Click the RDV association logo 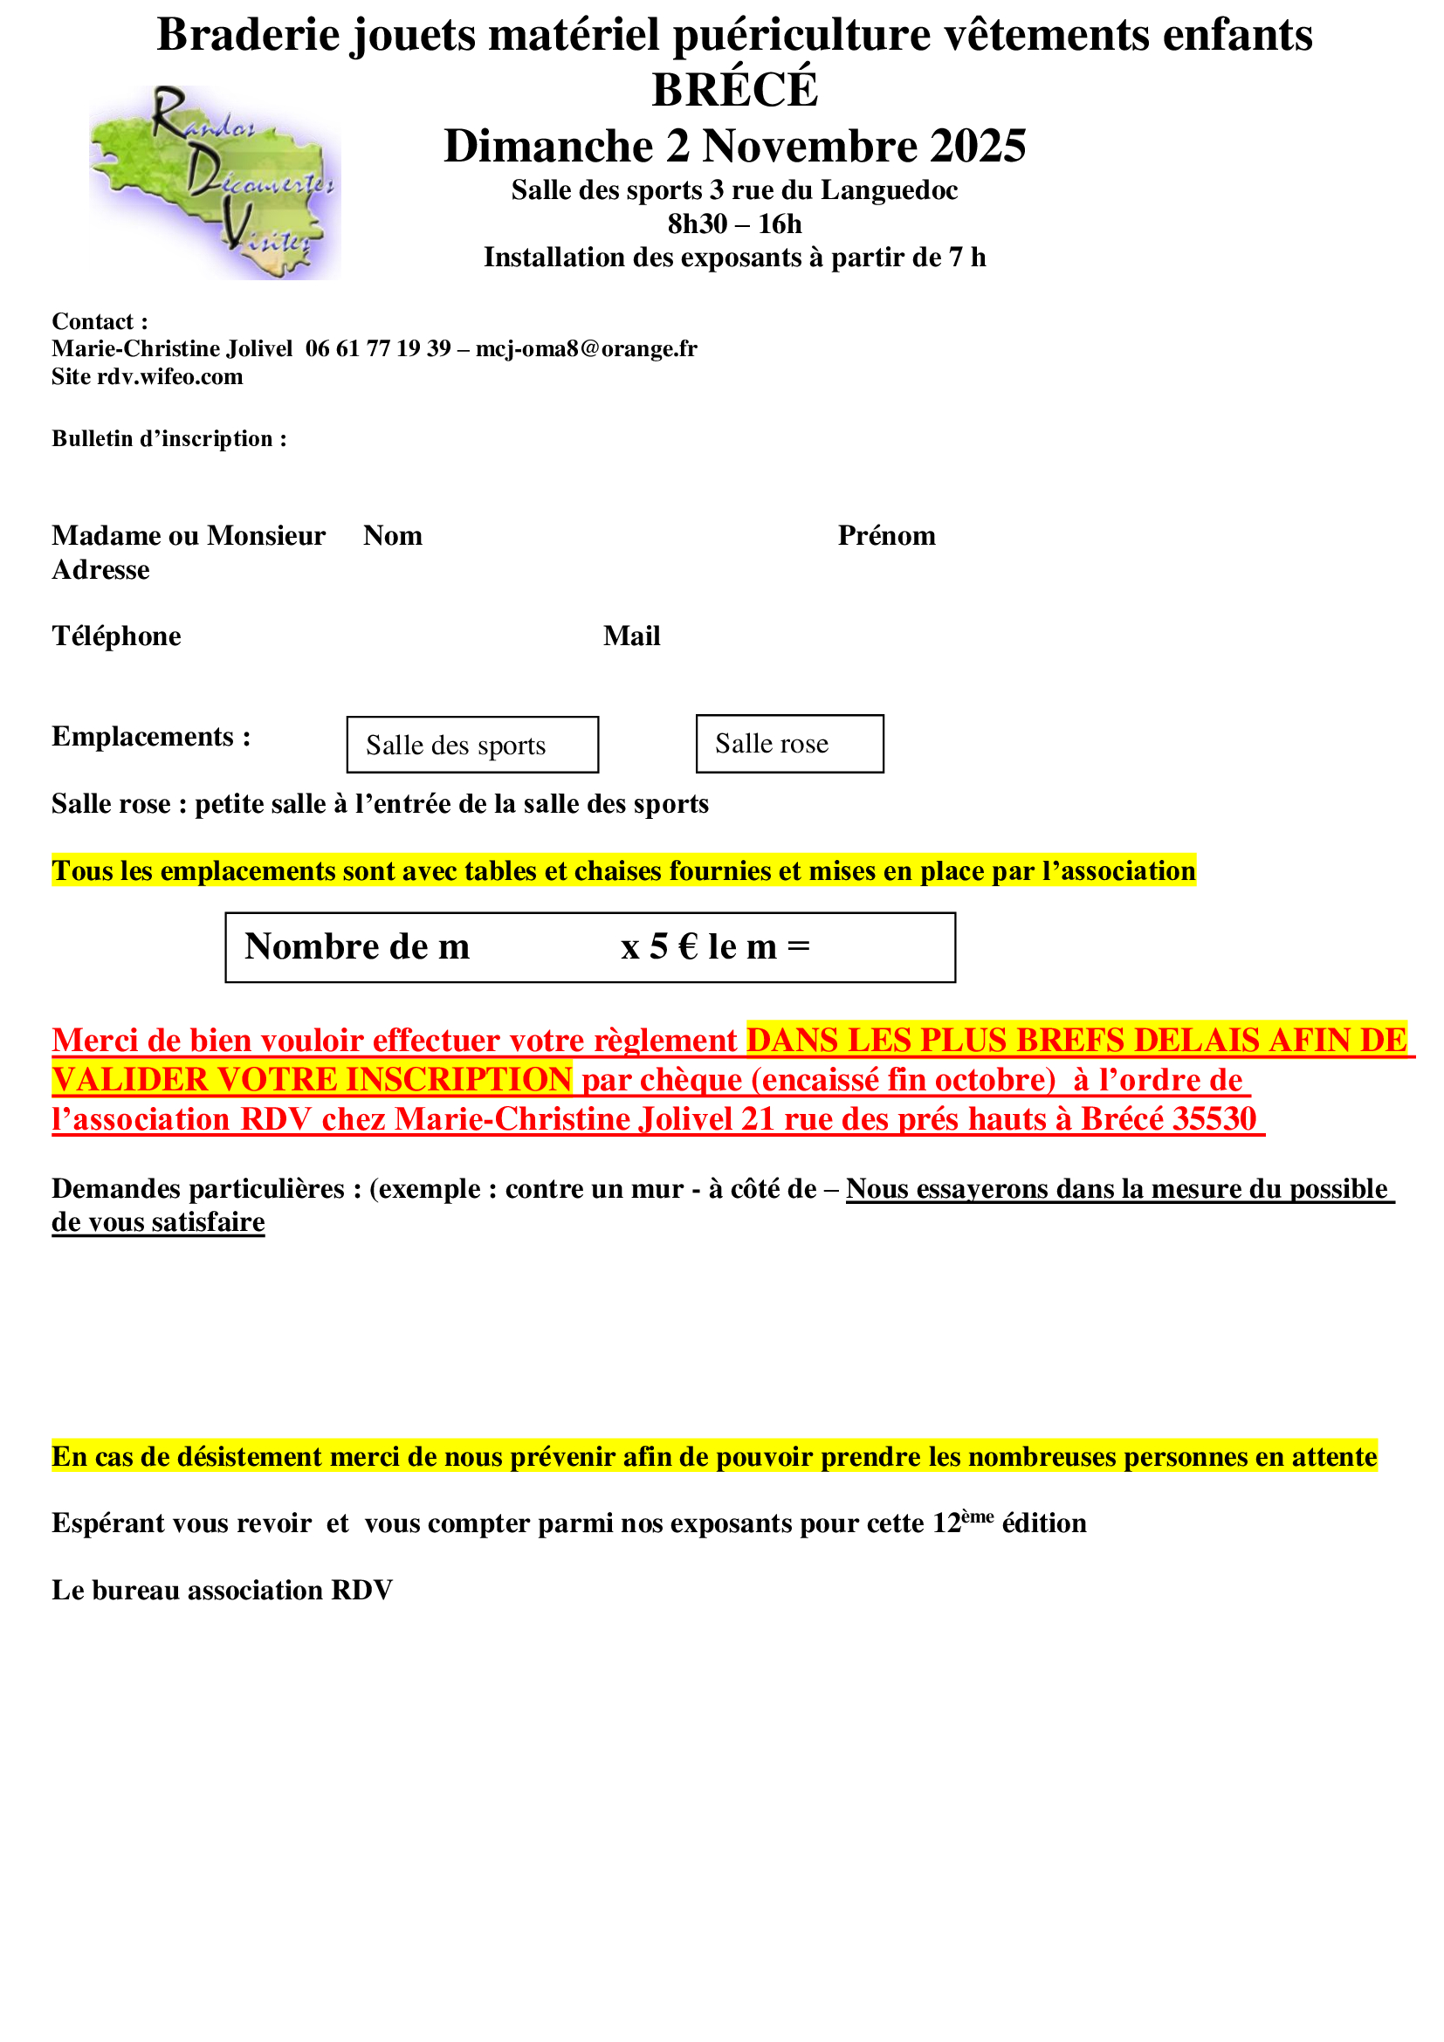coord(213,182)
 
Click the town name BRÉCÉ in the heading coord(734,90)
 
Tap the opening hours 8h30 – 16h coord(734,224)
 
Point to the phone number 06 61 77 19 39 coord(378,348)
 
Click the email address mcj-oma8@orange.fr coord(586,348)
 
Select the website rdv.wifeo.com coord(170,377)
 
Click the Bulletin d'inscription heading coord(169,439)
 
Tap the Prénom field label coord(886,536)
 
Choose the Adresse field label coord(100,570)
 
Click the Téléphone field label coord(116,636)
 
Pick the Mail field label coord(631,636)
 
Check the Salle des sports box coord(472,746)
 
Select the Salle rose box coord(789,745)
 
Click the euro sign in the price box coord(687,947)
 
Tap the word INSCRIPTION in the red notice coord(458,1081)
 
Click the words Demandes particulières coord(198,1189)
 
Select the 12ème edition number coord(962,1523)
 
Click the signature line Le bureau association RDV coord(223,1590)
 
